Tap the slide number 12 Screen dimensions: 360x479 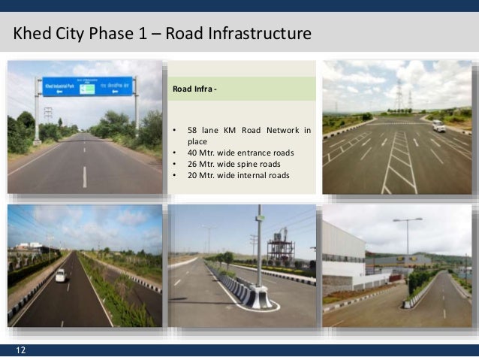[x=20, y=350]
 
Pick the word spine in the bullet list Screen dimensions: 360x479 [x=247, y=165]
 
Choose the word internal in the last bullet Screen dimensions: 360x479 [x=249, y=177]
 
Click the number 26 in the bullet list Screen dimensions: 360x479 [x=192, y=165]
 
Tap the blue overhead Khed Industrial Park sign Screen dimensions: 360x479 [x=87, y=86]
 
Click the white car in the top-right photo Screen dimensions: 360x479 [x=438, y=126]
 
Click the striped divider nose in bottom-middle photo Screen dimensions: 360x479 [x=260, y=299]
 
